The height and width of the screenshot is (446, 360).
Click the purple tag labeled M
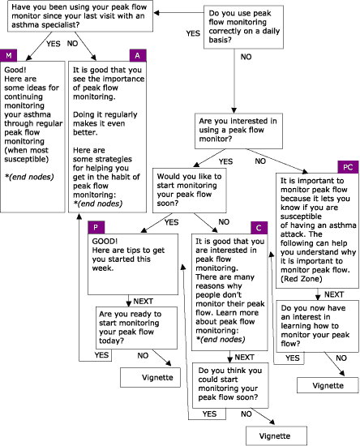point(9,54)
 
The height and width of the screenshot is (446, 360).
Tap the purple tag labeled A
point(137,54)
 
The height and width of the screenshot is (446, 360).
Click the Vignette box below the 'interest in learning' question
point(322,385)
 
